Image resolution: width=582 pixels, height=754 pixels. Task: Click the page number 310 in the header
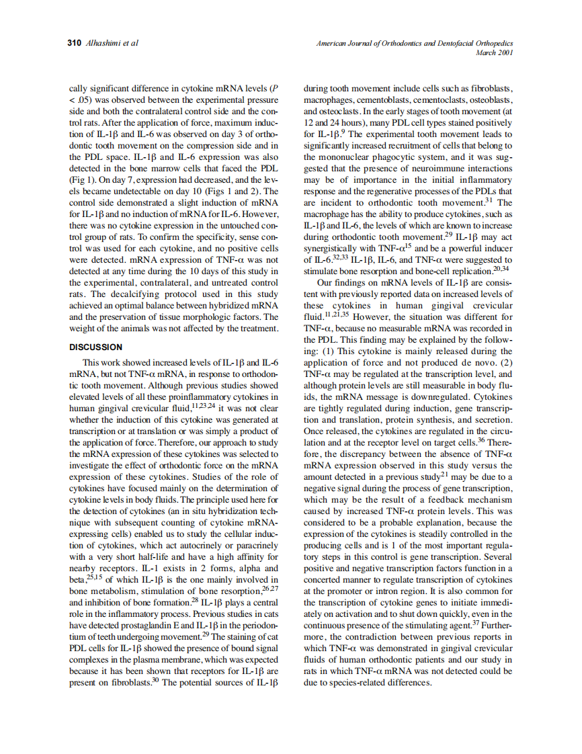tap(75, 43)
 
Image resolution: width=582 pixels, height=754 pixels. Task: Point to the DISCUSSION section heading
tap(96, 347)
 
